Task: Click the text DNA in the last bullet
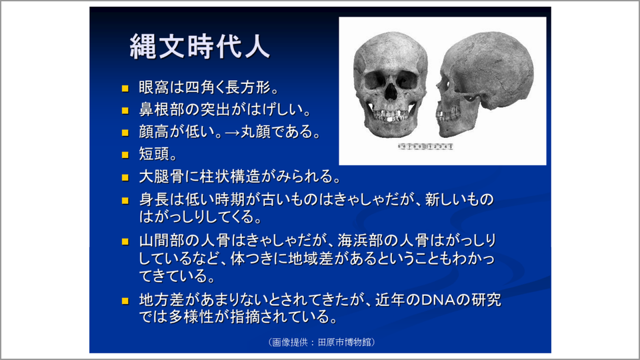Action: (x=435, y=300)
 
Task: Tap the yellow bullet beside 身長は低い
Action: (x=124, y=200)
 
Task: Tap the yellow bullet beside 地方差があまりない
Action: (x=124, y=301)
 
